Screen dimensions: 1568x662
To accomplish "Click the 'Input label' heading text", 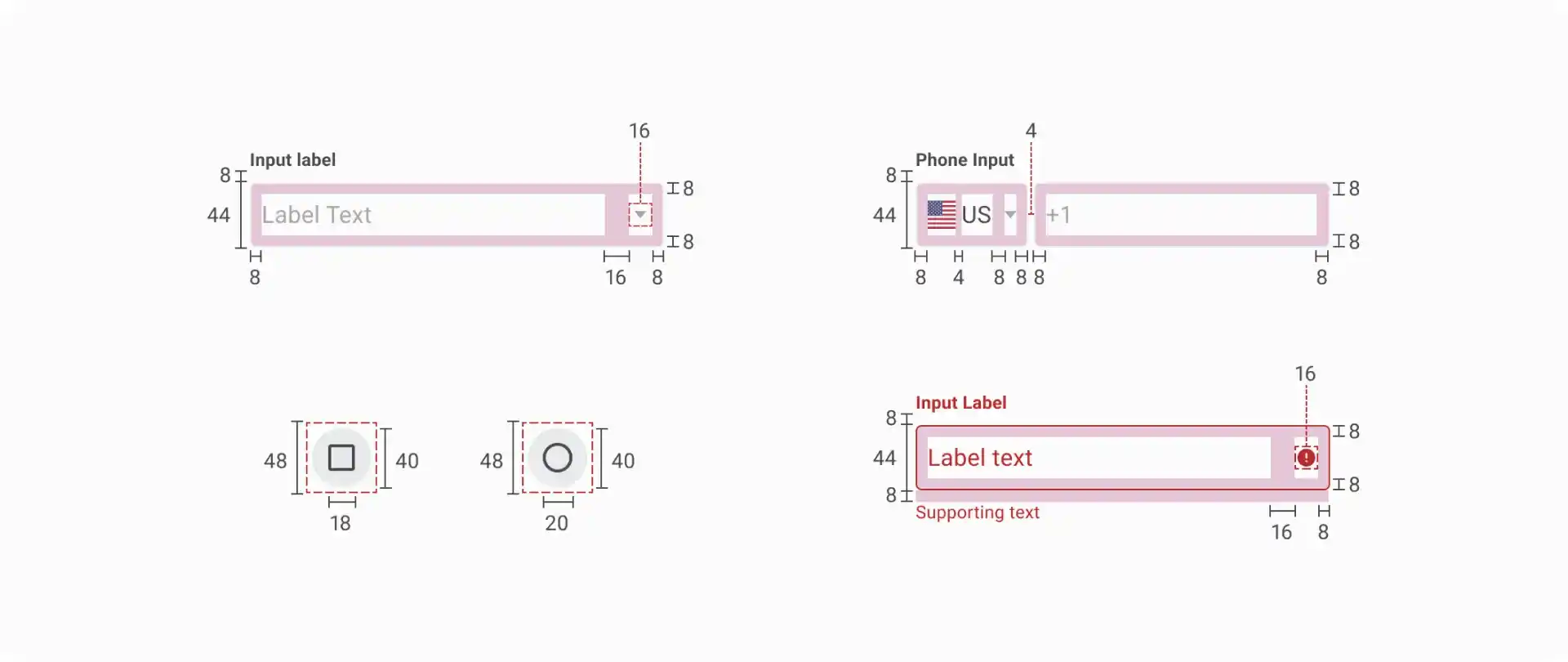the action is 292,160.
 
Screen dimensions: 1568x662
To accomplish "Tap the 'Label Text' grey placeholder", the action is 316,215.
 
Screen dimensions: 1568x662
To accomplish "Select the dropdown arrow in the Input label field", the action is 640,215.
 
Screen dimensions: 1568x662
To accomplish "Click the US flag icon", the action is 942,215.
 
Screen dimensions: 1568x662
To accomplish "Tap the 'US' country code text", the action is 976,215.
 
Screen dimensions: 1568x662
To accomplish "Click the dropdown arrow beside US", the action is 1010,215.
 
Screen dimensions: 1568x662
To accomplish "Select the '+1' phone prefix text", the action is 1058,215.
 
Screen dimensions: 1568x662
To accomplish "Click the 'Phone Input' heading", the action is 964,160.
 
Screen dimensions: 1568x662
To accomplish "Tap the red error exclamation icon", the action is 1306,458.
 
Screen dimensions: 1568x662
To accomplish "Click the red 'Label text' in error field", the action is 980,458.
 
